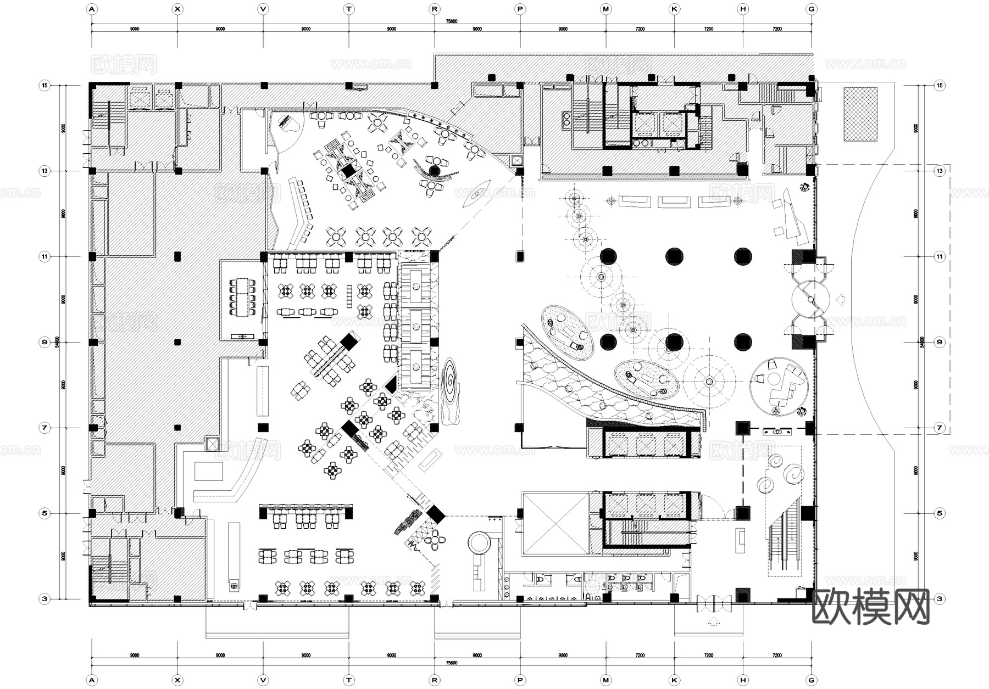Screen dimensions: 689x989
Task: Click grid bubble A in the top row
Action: pyautogui.click(x=92, y=9)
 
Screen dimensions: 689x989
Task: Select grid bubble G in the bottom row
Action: pyautogui.click(x=811, y=680)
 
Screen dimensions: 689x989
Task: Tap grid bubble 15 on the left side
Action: pyautogui.click(x=45, y=85)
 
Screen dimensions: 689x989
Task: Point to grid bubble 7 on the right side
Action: pyautogui.click(x=940, y=428)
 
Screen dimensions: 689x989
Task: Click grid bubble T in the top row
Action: pyautogui.click(x=349, y=9)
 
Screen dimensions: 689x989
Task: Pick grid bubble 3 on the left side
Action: pyautogui.click(x=45, y=599)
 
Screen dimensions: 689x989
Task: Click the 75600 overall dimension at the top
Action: pyautogui.click(x=451, y=21)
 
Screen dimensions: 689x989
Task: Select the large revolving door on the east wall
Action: pyautogui.click(x=810, y=299)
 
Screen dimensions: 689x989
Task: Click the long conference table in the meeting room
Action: pyautogui.click(x=242, y=298)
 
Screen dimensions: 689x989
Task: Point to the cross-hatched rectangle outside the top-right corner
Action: pyautogui.click(x=860, y=114)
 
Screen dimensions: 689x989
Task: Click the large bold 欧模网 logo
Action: pyautogui.click(x=870, y=607)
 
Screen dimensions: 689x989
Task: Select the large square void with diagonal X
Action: pyautogui.click(x=555, y=524)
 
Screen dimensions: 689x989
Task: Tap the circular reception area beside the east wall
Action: pyautogui.click(x=779, y=386)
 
